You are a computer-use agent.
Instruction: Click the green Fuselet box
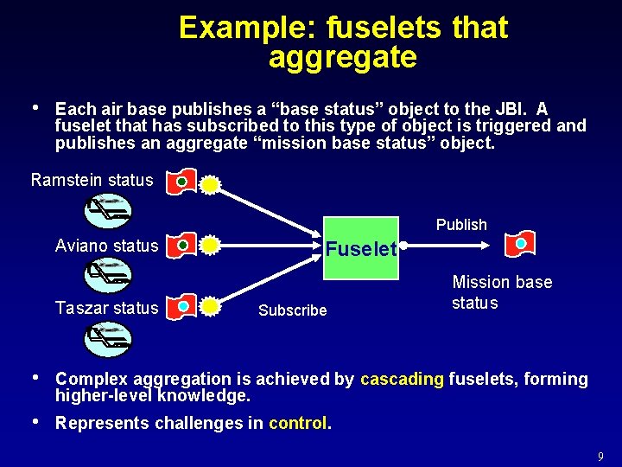(361, 248)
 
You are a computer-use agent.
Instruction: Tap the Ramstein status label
(92, 181)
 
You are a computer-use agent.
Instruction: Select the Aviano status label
(107, 246)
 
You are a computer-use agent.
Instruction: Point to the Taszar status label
(107, 308)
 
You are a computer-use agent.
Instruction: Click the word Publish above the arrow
(461, 225)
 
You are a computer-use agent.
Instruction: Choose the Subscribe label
(293, 310)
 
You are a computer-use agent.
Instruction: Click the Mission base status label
(501, 292)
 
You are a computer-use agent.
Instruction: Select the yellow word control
(298, 423)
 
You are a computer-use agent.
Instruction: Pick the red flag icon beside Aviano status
(181, 246)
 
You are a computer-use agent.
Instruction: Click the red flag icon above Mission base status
(520, 245)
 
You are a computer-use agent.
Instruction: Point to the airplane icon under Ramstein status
(108, 209)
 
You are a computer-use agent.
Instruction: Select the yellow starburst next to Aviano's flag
(209, 246)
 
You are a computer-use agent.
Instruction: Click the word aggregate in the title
(343, 58)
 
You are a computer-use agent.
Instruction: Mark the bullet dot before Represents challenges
(34, 422)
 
